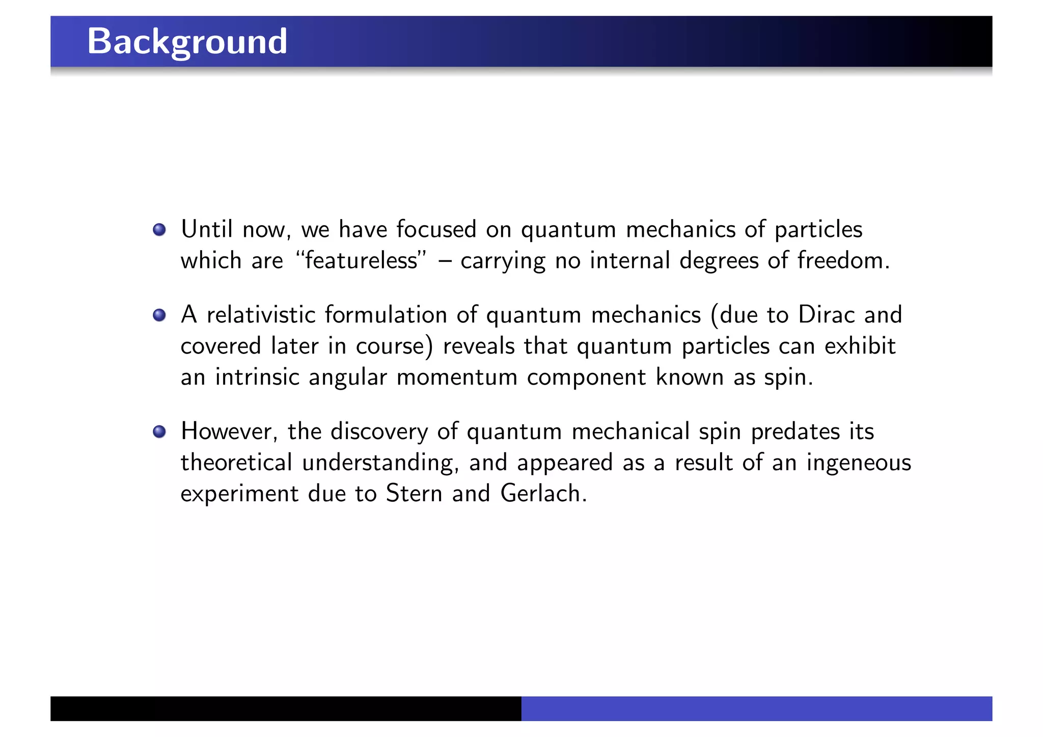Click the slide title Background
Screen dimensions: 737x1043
coord(187,41)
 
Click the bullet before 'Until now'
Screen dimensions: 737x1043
coord(159,230)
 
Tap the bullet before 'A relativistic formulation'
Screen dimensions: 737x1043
coord(159,315)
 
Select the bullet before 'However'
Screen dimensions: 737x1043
coord(159,432)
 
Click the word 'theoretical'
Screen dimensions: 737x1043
coord(236,462)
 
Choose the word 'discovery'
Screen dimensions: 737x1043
coord(379,432)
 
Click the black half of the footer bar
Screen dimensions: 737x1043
coord(286,708)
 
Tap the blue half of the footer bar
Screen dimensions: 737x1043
coord(756,708)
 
